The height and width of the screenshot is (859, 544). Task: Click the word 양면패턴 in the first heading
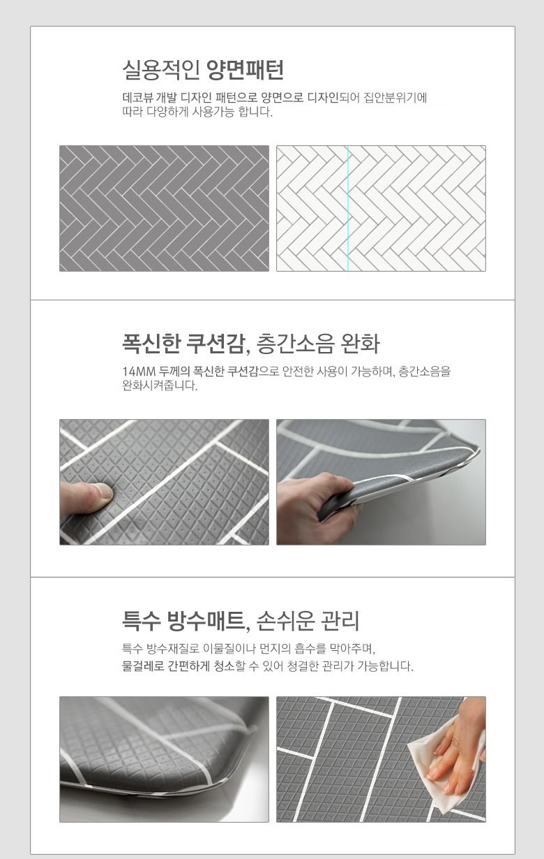pyautogui.click(x=245, y=70)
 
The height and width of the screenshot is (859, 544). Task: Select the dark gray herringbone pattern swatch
pyautogui.click(x=164, y=208)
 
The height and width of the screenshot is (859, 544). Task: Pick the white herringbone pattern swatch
pyautogui.click(x=381, y=208)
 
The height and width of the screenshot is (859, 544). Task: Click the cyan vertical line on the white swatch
pyautogui.click(x=348, y=208)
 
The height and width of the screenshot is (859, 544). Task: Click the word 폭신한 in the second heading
pyautogui.click(x=151, y=344)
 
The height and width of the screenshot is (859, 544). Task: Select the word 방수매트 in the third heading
pyautogui.click(x=209, y=622)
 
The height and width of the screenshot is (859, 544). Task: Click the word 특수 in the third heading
pyautogui.click(x=142, y=622)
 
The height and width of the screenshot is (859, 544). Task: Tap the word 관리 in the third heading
pyautogui.click(x=340, y=622)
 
